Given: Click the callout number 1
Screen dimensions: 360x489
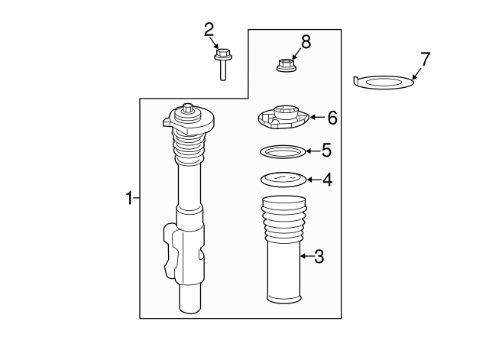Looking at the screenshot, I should pyautogui.click(x=129, y=198).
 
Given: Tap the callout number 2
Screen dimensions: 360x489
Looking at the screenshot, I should pyautogui.click(x=209, y=30).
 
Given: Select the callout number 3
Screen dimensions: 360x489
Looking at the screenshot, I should pyautogui.click(x=319, y=257).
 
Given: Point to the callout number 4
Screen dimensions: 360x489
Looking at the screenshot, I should pyautogui.click(x=327, y=180).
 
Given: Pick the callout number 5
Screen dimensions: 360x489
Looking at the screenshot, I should pyautogui.click(x=326, y=150).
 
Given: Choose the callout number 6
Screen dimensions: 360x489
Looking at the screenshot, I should pyautogui.click(x=332, y=118).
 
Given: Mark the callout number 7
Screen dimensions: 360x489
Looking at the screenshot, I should pyautogui.click(x=426, y=58).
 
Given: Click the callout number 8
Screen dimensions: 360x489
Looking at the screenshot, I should pyautogui.click(x=306, y=42).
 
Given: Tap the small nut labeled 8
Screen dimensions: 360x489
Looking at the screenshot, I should pyautogui.click(x=285, y=65).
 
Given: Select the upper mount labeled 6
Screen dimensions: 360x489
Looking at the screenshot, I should pyautogui.click(x=281, y=118).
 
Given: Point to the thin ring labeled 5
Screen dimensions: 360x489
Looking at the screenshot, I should pyautogui.click(x=283, y=151).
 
